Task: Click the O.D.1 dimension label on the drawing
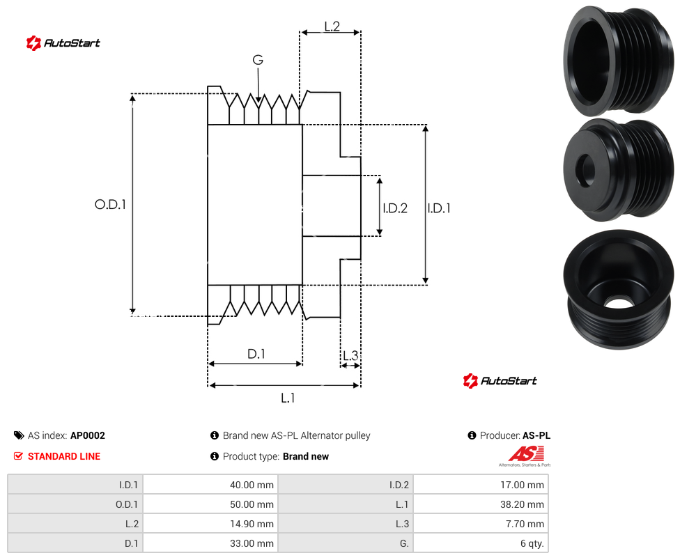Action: click(110, 204)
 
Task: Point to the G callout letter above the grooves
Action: click(258, 60)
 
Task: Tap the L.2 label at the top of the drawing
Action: click(332, 26)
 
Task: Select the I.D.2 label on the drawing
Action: click(395, 208)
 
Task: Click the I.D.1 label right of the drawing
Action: click(439, 208)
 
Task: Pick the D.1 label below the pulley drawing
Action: click(256, 354)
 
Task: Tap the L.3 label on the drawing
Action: click(350, 356)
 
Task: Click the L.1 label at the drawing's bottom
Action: click(288, 398)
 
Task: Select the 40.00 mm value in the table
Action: click(252, 485)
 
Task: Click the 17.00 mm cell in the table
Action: click(522, 485)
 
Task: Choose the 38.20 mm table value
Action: click(522, 504)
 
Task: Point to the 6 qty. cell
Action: click(532, 543)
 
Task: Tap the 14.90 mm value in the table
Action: click(252, 524)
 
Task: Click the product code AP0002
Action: click(88, 435)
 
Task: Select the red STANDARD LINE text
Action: click(64, 456)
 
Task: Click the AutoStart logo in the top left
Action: click(63, 43)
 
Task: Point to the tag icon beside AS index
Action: click(19, 435)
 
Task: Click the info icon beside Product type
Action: click(214, 456)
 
